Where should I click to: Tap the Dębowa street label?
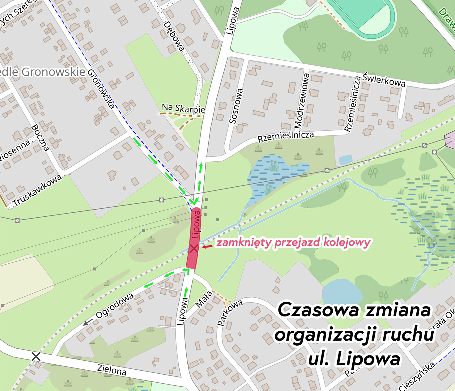pos(174,36)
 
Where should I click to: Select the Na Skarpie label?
pos(183,108)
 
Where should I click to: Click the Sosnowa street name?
pos(236,106)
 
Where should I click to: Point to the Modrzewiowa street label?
pos(302,101)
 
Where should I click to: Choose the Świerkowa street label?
pos(384,80)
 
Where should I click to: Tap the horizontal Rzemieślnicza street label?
pos(286,136)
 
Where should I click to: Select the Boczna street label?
pos(40,138)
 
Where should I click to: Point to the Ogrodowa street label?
pos(115,305)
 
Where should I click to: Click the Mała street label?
pos(203,299)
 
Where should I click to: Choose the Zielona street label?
pos(112,370)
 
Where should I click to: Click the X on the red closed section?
pos(193,248)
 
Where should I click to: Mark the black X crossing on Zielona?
pos(36,356)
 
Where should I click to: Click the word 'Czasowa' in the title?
pos(319,310)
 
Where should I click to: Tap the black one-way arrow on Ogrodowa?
pos(88,322)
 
